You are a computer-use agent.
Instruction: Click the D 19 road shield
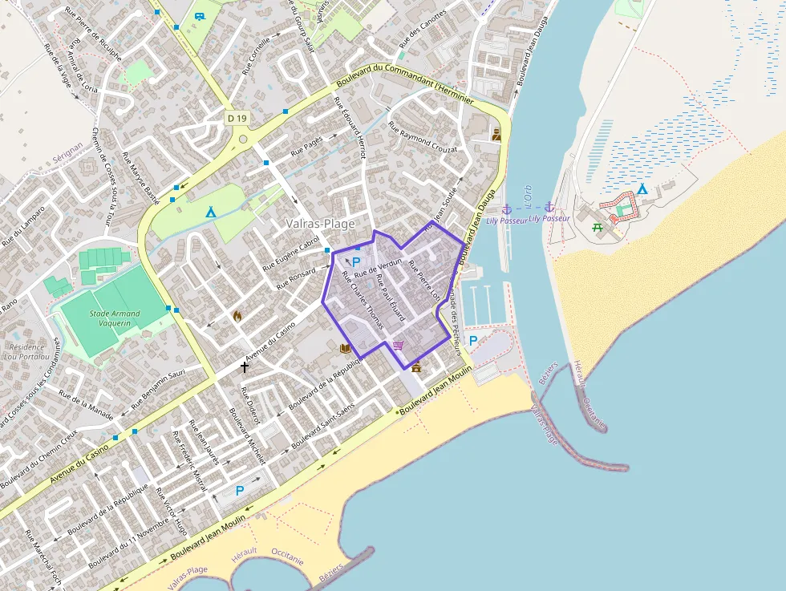coord(237,119)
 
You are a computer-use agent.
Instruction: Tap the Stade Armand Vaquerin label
coord(114,318)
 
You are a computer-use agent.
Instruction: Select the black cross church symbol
coord(245,366)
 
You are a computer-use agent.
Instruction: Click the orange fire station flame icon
coord(237,316)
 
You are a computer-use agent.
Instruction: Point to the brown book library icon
coord(345,349)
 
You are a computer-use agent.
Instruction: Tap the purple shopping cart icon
coord(399,346)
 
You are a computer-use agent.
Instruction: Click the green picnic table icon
coord(598,228)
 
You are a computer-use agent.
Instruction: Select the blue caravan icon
coord(200,14)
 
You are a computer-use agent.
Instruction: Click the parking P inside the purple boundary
coord(356,262)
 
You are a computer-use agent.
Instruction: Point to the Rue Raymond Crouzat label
coord(423,137)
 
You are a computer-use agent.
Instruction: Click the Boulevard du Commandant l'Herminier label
coord(407,84)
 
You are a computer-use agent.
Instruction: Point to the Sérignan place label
coord(67,150)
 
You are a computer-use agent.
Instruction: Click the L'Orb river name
coord(525,197)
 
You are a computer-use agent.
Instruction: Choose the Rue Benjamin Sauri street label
coord(152,384)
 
